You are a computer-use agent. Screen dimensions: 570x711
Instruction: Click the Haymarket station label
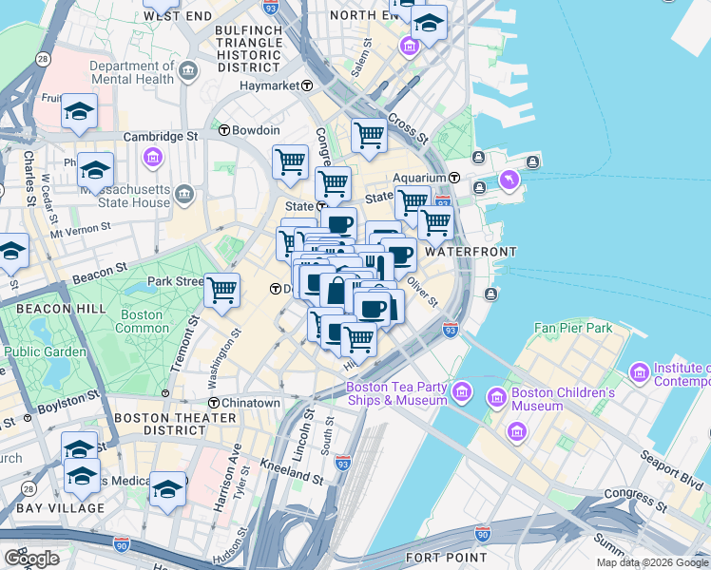[275, 85]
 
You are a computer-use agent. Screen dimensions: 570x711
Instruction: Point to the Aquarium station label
[420, 178]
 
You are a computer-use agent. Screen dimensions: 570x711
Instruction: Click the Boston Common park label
[142, 321]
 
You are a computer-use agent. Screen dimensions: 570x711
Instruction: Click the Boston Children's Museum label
[564, 399]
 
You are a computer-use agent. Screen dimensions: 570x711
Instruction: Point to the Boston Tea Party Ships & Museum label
[396, 393]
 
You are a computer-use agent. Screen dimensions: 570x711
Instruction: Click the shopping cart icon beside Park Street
[221, 290]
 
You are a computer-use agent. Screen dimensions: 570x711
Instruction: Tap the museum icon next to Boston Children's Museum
[496, 394]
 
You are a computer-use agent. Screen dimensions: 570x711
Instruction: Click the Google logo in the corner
[31, 559]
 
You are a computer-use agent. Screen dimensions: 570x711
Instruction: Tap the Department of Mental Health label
[132, 73]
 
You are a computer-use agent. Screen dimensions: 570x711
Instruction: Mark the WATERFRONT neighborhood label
[471, 252]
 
